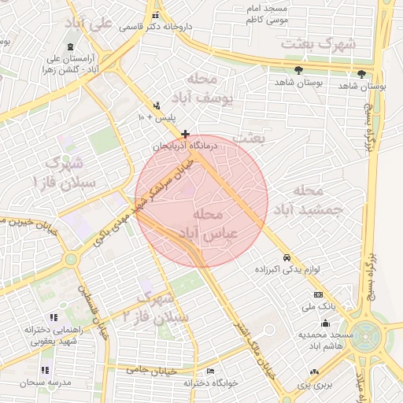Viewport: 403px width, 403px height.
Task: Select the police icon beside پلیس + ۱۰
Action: click(157, 105)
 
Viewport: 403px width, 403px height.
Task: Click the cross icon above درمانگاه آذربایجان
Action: click(185, 135)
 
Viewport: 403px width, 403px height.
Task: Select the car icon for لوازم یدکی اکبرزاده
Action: click(287, 258)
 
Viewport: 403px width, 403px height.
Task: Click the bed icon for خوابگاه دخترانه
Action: click(209, 371)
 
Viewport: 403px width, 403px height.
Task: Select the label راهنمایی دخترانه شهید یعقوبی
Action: click(32, 335)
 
